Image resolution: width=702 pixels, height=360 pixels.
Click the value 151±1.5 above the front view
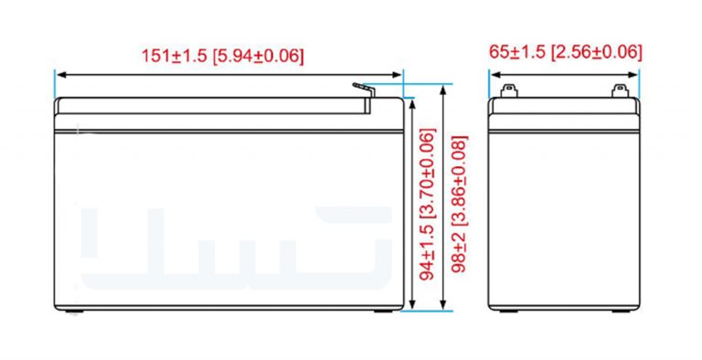pyautogui.click(x=175, y=56)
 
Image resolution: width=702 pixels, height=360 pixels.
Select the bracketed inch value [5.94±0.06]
pyautogui.click(x=258, y=56)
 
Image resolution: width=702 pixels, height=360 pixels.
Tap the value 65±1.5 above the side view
pyautogui.click(x=517, y=52)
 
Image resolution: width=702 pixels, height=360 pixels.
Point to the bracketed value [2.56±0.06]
pyautogui.click(x=596, y=52)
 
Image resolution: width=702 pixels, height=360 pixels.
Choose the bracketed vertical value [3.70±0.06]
pyautogui.click(x=428, y=175)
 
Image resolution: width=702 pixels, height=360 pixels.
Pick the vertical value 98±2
pyautogui.click(x=460, y=252)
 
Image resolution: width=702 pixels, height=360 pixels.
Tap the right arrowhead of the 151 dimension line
pyautogui.click(x=397, y=75)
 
